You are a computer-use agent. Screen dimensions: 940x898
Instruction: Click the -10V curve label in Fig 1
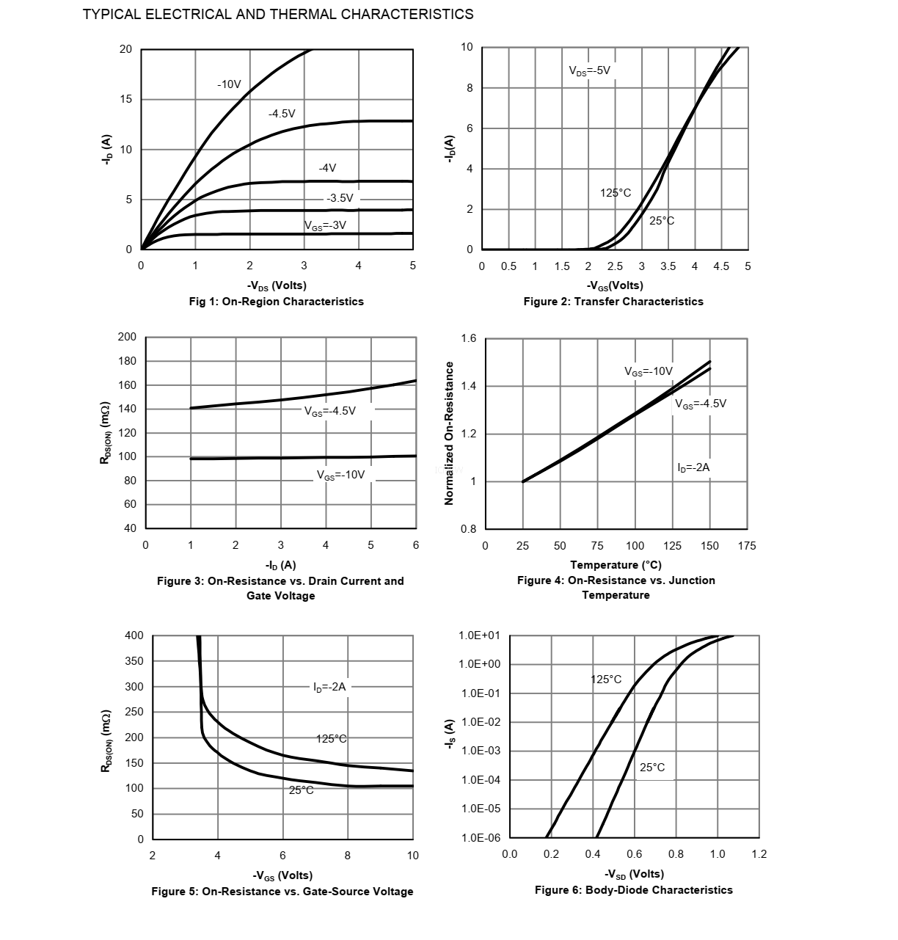(229, 84)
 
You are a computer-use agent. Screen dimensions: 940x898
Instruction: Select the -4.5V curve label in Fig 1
(282, 114)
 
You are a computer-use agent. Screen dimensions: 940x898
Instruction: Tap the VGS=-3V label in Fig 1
(325, 225)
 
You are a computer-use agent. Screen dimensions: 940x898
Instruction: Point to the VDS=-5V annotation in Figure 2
(589, 70)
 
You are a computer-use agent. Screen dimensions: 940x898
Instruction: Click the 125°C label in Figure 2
(615, 193)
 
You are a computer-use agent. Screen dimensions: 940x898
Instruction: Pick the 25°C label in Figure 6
(652, 768)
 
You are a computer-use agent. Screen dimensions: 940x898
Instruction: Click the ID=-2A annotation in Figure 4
(693, 467)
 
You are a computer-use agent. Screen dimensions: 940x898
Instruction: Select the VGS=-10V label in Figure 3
(340, 475)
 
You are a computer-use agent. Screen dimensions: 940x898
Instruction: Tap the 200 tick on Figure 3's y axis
(127, 337)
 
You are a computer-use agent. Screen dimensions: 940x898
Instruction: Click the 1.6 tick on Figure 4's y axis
(469, 338)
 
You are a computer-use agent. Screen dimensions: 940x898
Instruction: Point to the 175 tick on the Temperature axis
(747, 546)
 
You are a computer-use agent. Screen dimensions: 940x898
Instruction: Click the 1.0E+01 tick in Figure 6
(479, 635)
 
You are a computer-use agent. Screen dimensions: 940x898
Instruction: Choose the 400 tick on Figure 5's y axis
(134, 635)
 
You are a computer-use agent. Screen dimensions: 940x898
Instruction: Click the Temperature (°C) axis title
(616, 565)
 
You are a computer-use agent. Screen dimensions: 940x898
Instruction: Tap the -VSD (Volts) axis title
(634, 874)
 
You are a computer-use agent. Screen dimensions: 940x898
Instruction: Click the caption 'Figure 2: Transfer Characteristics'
(613, 302)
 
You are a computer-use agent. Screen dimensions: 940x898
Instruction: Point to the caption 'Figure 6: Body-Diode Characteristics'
(633, 890)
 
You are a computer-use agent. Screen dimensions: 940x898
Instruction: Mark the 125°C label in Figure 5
(332, 739)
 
